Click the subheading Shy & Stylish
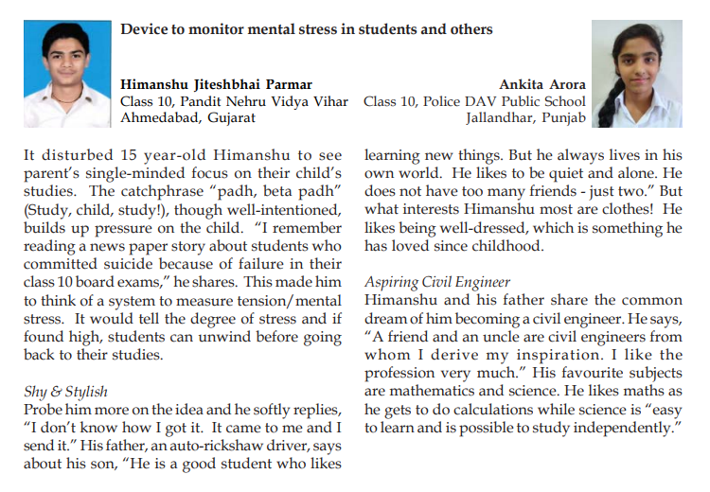pos(67,391)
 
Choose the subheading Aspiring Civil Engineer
pos(436,282)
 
